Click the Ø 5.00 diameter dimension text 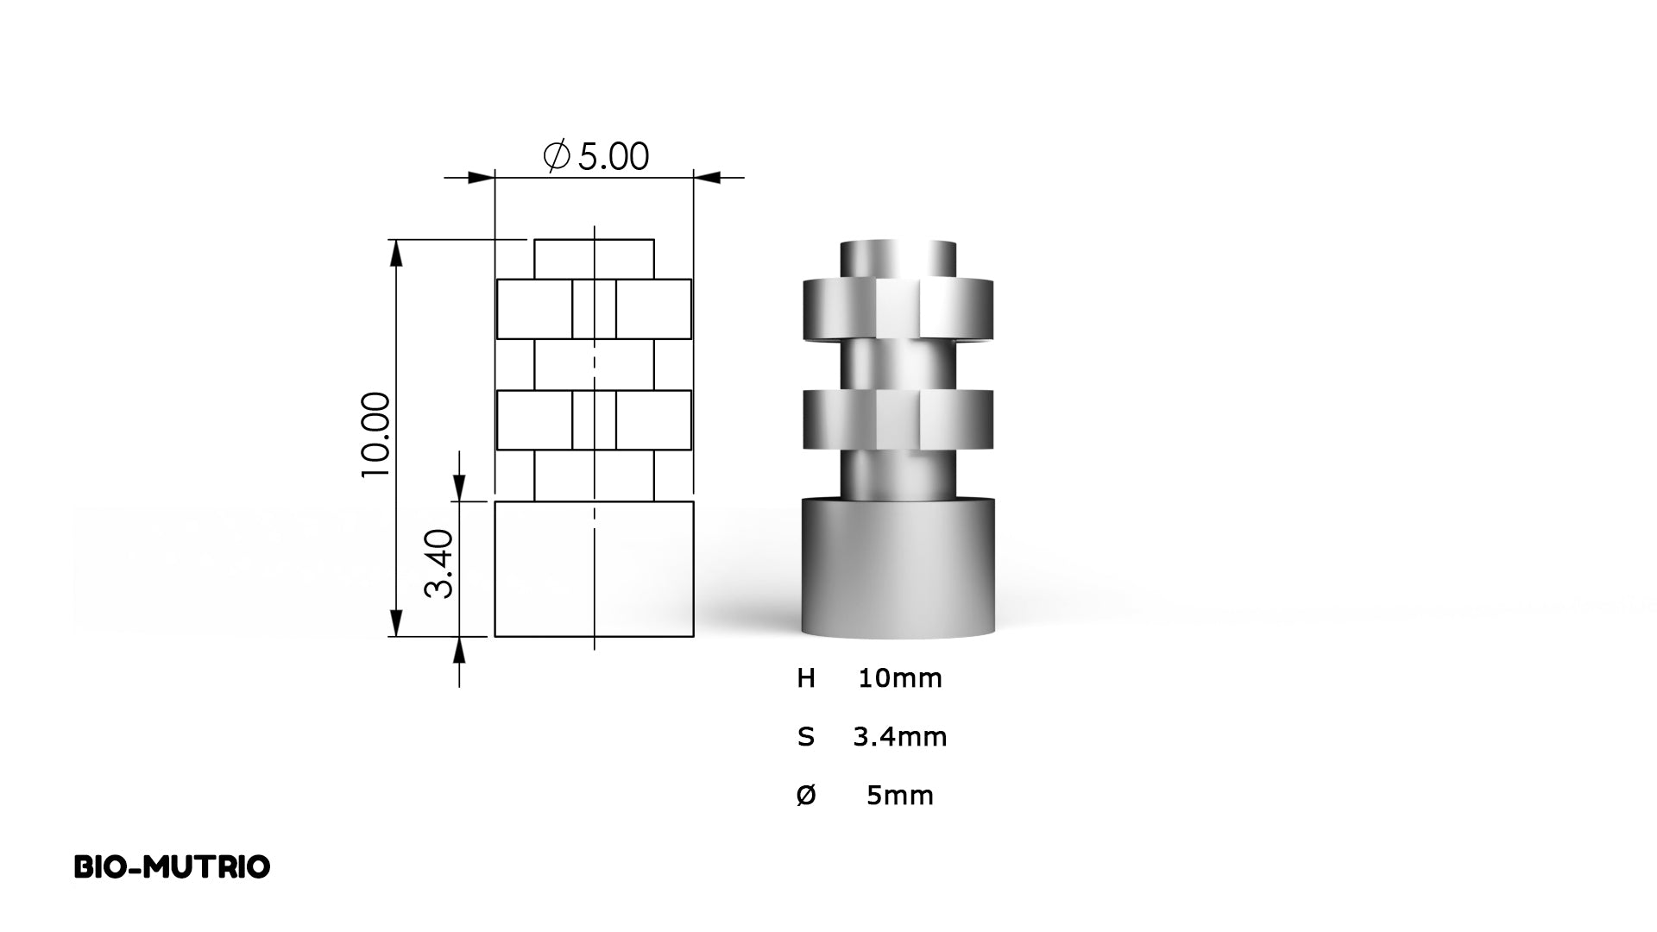point(595,156)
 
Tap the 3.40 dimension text point(439,564)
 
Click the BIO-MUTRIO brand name point(172,867)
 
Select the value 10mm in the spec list point(900,678)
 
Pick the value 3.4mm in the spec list point(900,737)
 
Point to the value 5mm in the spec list point(900,795)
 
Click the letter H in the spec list point(806,678)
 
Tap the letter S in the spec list point(806,737)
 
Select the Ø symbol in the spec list point(806,795)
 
